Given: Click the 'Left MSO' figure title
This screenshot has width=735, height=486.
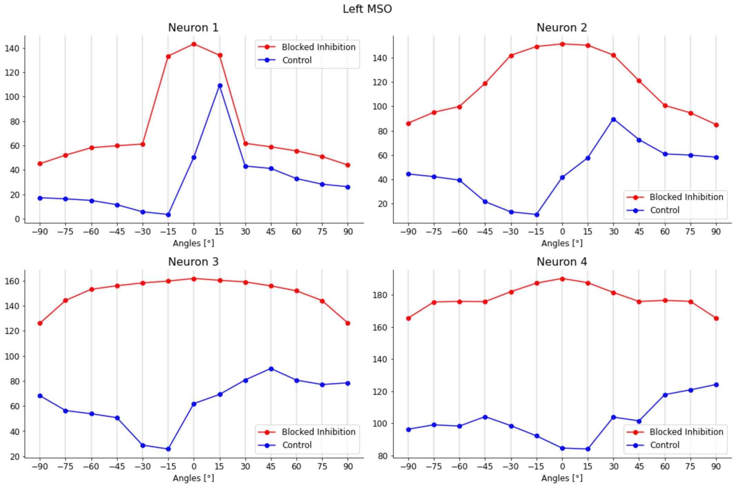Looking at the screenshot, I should [x=367, y=9].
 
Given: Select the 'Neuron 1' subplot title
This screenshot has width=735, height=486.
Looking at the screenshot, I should [x=193, y=28].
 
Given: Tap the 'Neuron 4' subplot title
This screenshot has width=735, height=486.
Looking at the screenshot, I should [x=561, y=262].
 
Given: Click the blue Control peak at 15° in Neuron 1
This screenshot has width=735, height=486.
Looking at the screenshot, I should [x=220, y=86].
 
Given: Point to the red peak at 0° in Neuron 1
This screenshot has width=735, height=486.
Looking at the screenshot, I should [x=194, y=44].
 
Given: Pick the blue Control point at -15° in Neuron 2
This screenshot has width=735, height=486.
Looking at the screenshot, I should [x=537, y=215].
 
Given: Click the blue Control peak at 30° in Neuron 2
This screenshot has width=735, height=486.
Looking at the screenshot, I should [x=613, y=120].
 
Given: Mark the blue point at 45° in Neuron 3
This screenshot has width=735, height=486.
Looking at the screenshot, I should [x=271, y=369].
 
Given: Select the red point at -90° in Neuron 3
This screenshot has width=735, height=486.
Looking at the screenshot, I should [x=40, y=323].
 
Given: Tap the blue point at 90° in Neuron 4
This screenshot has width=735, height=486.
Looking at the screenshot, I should [x=716, y=385].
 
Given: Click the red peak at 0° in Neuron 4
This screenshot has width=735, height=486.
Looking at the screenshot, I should [x=562, y=279].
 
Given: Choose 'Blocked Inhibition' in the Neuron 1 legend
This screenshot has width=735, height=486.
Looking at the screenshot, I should [x=318, y=47].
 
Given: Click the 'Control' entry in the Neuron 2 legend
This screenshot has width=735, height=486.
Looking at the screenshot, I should [x=664, y=210].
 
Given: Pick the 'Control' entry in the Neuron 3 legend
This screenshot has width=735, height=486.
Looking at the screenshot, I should [x=296, y=445].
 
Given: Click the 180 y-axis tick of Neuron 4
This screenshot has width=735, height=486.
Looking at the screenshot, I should [x=380, y=295].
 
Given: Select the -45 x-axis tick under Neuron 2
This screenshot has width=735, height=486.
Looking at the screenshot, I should [x=484, y=231].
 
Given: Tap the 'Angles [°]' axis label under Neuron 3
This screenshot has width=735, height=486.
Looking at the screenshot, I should [x=193, y=478].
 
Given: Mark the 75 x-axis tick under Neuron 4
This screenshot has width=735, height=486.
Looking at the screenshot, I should [x=690, y=466].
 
